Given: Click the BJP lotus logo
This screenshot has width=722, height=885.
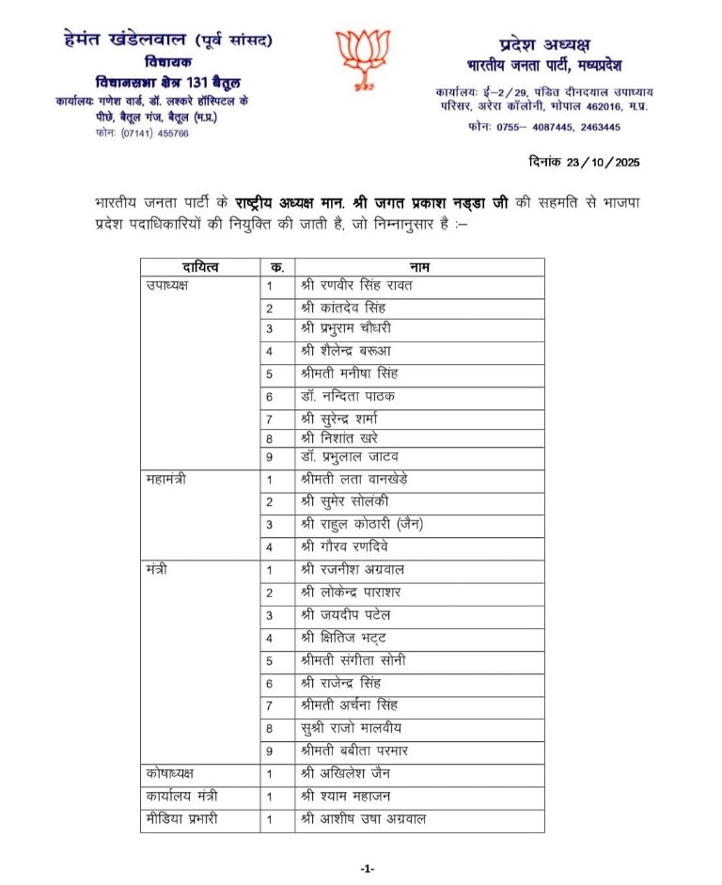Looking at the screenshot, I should [x=362, y=57].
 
